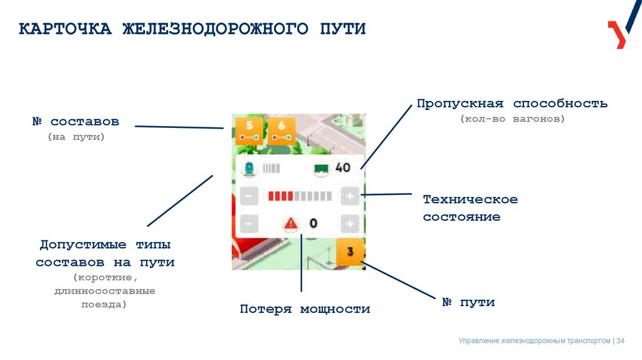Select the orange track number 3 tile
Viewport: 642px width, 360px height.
point(350,252)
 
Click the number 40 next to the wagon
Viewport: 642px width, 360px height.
point(343,167)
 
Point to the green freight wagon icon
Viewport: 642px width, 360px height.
point(322,168)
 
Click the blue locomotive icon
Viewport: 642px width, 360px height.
point(250,168)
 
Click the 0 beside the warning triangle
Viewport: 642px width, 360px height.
point(313,223)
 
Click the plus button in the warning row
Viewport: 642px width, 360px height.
point(350,223)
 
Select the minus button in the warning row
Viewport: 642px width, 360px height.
point(249,223)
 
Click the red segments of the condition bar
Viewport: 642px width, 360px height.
point(281,196)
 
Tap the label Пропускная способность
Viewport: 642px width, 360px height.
point(512,103)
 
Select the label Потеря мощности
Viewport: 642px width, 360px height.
point(305,309)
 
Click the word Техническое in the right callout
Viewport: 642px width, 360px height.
point(470,199)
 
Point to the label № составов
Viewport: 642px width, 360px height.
point(75,120)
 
